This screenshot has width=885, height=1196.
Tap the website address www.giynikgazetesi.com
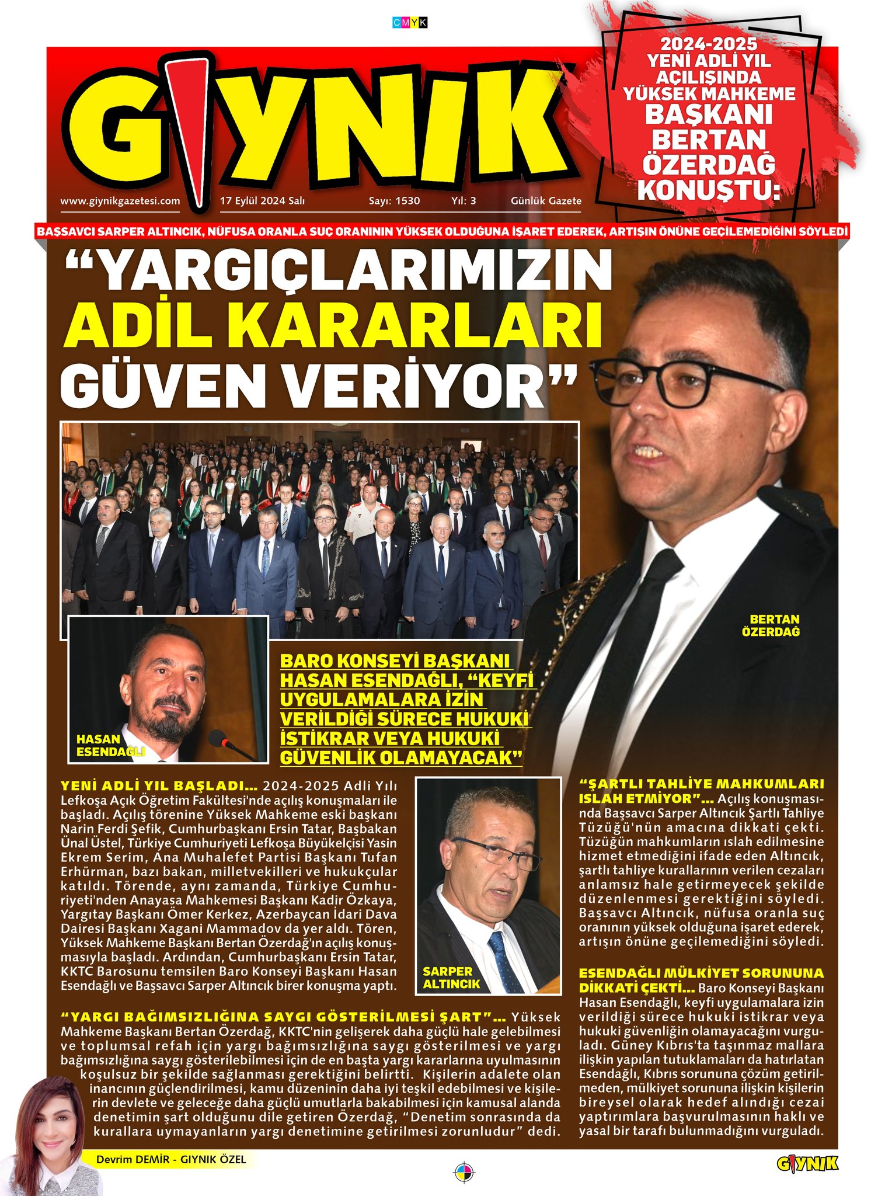pyautogui.click(x=120, y=201)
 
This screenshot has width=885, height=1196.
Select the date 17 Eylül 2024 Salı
pyautogui.click(x=262, y=201)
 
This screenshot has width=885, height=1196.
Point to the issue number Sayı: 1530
pyautogui.click(x=394, y=201)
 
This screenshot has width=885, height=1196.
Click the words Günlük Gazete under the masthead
pyautogui.click(x=546, y=201)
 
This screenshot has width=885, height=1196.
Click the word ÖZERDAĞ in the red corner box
pyautogui.click(x=709, y=165)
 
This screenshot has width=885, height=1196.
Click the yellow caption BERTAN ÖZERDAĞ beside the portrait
pyautogui.click(x=774, y=625)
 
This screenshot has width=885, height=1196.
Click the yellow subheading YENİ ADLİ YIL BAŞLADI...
pyautogui.click(x=159, y=784)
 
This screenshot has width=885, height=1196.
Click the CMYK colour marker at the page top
pyautogui.click(x=410, y=23)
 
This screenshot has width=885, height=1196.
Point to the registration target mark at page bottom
pyautogui.click(x=464, y=1171)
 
